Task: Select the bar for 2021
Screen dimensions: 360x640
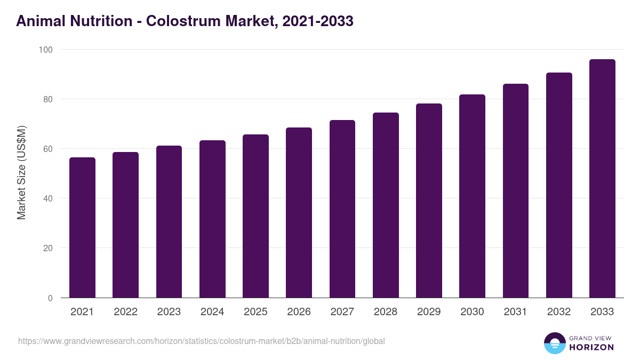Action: pyautogui.click(x=82, y=228)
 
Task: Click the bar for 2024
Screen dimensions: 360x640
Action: pyautogui.click(x=212, y=219)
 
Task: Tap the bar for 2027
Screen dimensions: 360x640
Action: pyautogui.click(x=342, y=209)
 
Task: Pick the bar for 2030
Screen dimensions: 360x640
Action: pyautogui.click(x=472, y=196)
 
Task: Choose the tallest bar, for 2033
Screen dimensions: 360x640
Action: pyautogui.click(x=602, y=179)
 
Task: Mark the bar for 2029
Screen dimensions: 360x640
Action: pyautogui.click(x=429, y=201)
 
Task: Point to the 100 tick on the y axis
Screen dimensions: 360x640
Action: pyautogui.click(x=46, y=50)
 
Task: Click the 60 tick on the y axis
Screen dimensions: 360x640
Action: pyautogui.click(x=48, y=149)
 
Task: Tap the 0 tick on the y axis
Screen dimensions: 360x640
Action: pyautogui.click(x=50, y=298)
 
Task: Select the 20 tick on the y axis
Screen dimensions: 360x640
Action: pyautogui.click(x=48, y=249)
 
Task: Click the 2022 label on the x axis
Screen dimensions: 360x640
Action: pyautogui.click(x=125, y=312)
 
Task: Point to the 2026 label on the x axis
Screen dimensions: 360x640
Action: pyautogui.click(x=299, y=312)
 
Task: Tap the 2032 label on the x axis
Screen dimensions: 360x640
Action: pyautogui.click(x=559, y=312)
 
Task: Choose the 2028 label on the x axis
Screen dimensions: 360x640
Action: pyautogui.click(x=386, y=312)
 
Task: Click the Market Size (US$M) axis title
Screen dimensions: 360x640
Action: pyautogui.click(x=21, y=172)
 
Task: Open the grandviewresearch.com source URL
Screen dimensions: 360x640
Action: pyautogui.click(x=201, y=341)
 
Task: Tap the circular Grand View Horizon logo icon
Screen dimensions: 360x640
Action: pyautogui.click(x=554, y=343)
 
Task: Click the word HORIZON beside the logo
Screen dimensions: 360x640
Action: pyautogui.click(x=591, y=347)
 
